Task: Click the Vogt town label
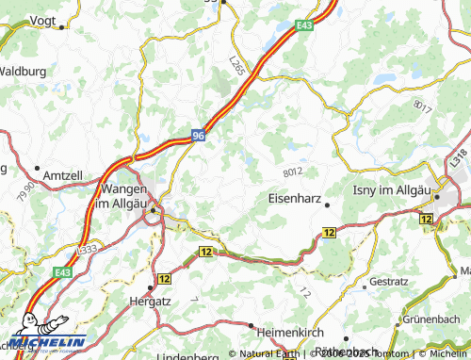[x=42, y=19]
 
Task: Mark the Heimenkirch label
[x=292, y=331]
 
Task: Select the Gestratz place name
[x=389, y=282]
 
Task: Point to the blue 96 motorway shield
[x=198, y=136]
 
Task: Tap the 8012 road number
[x=294, y=172]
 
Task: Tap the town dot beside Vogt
[x=61, y=27]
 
